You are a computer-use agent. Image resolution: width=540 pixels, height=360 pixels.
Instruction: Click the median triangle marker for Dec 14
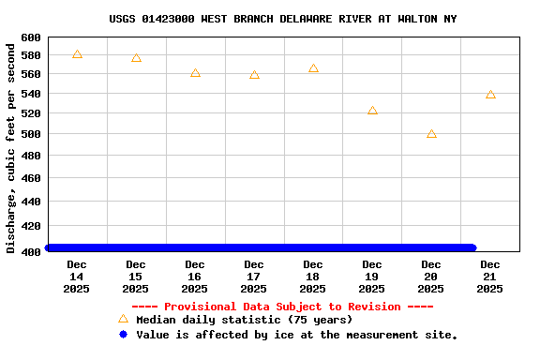77,54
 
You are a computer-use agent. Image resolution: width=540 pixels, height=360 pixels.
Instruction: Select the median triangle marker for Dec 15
136,58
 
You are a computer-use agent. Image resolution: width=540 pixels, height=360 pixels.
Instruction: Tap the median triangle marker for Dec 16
195,72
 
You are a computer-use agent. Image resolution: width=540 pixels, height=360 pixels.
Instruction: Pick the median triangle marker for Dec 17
254,74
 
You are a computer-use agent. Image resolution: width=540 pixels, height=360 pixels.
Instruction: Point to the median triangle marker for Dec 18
313,68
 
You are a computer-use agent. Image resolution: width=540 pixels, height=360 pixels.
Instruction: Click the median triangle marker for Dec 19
372,110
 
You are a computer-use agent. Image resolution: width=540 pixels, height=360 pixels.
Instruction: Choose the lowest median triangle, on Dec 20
431,134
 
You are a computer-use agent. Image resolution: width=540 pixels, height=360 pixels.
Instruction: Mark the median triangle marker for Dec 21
490,95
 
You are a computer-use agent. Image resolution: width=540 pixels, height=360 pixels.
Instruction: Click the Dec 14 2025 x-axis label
77,277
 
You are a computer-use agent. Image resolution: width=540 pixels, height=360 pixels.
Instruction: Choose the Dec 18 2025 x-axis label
313,277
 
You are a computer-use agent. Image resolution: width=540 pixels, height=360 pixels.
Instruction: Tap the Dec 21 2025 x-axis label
490,277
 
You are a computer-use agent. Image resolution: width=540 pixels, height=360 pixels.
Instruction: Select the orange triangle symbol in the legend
123,319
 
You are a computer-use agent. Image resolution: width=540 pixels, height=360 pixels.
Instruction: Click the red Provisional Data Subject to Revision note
282,307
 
